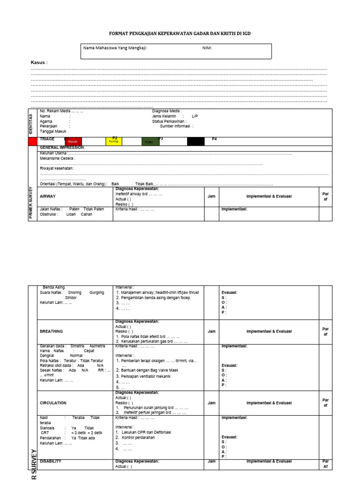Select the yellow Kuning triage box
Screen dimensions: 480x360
[x=113, y=141]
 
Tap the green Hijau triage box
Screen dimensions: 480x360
[x=150, y=142]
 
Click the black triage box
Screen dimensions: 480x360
[x=196, y=141]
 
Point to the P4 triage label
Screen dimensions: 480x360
[x=214, y=139]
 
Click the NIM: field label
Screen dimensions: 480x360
[x=207, y=48]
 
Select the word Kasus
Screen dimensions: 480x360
[x=38, y=62]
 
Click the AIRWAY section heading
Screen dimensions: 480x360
[x=48, y=196]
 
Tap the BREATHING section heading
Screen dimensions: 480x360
[x=51, y=331]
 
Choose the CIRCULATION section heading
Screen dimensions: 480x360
[x=53, y=403]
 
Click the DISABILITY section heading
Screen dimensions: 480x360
[x=51, y=461]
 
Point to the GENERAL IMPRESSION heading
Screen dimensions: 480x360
[x=62, y=147]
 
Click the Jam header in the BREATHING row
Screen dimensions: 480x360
[x=212, y=331]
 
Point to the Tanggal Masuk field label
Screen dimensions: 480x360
[x=53, y=131]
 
